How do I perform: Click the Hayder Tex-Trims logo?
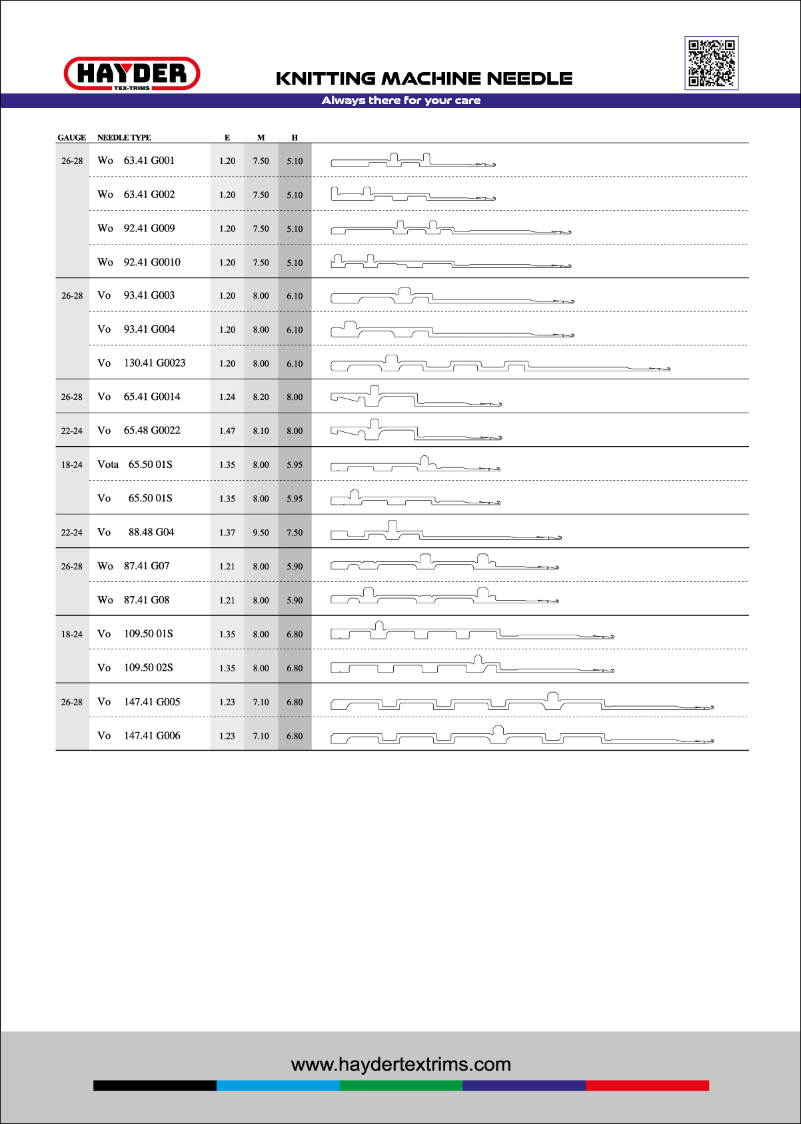tap(132, 73)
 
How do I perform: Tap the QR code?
tap(711, 63)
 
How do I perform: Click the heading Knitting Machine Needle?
tap(424, 79)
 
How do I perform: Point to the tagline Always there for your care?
tap(400, 101)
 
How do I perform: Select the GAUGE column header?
tap(71, 137)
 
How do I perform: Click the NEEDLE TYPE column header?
tap(124, 137)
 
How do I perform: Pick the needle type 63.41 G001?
tap(149, 161)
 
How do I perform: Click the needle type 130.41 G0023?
tap(155, 363)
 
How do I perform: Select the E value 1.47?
tap(227, 431)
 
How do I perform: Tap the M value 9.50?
tap(261, 533)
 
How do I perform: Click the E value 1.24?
tap(227, 397)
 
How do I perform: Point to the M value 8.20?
tap(261, 397)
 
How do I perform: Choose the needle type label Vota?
tap(108, 465)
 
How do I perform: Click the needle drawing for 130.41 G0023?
tap(500, 364)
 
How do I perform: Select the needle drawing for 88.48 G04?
tap(446, 531)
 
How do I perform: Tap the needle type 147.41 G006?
tap(152, 736)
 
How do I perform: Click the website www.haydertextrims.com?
tap(400, 1065)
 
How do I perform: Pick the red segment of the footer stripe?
tap(647, 1085)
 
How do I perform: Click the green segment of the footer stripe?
tap(400, 1085)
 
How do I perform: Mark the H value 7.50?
tap(295, 533)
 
